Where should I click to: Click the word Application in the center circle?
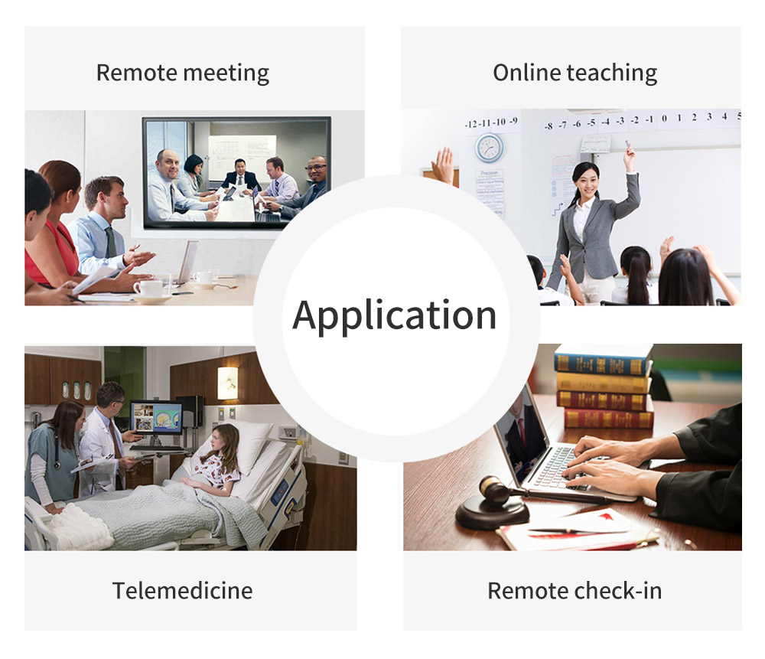[x=394, y=316]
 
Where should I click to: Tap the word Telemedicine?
[x=183, y=591]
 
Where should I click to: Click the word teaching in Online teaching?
[x=612, y=73]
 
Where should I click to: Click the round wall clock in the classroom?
[x=490, y=148]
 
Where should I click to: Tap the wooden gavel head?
[x=493, y=490]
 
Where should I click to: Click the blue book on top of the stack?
[x=603, y=360]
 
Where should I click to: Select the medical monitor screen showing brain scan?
[x=156, y=417]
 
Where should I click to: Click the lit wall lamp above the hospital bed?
[x=227, y=383]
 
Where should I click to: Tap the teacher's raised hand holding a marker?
[x=629, y=155]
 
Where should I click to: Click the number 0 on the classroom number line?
[x=664, y=118]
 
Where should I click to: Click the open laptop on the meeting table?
[x=188, y=262]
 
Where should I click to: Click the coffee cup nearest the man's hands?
[x=150, y=289]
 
